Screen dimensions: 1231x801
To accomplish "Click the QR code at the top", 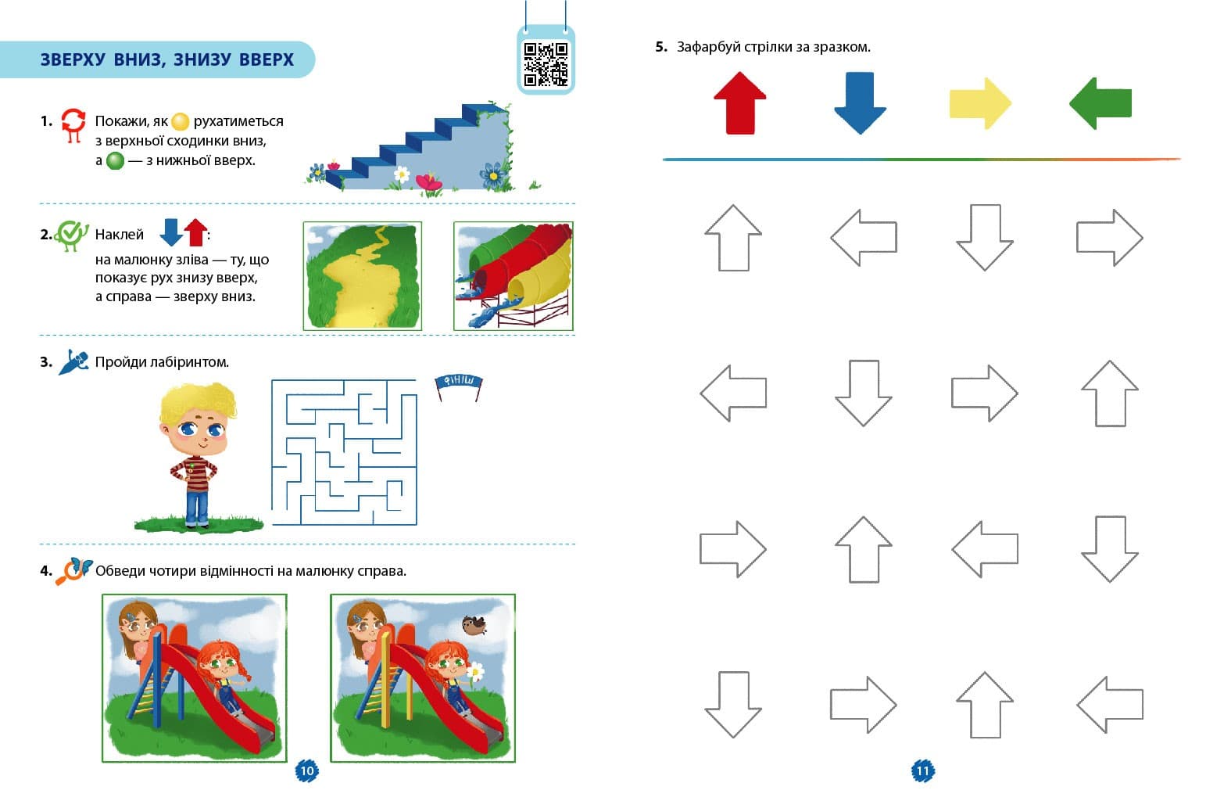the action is coord(546,64).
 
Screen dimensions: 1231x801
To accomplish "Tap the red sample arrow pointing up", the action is coord(739,103).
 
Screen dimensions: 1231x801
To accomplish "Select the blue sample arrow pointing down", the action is coord(860,103).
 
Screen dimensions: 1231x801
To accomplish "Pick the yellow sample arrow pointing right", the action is coord(980,103).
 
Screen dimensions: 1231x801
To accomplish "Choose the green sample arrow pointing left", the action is coord(1100,103).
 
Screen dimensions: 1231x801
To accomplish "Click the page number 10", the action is coord(306,770).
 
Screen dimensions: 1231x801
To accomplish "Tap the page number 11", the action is coord(923,770).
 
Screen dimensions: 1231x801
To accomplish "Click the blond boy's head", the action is coord(199,418).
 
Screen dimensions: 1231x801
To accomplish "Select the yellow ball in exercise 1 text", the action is coord(181,121).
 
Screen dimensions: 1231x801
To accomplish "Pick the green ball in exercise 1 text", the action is coord(115,160).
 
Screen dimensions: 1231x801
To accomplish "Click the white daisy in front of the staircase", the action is coord(402,174).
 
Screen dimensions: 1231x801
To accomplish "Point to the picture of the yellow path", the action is coord(363,276).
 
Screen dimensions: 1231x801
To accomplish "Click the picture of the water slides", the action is coord(514,276).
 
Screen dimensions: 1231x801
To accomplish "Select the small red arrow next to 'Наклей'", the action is coord(195,232).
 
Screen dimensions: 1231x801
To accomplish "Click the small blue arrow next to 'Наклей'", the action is coord(171,232).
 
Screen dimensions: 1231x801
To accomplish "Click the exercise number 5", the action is coord(661,47).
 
